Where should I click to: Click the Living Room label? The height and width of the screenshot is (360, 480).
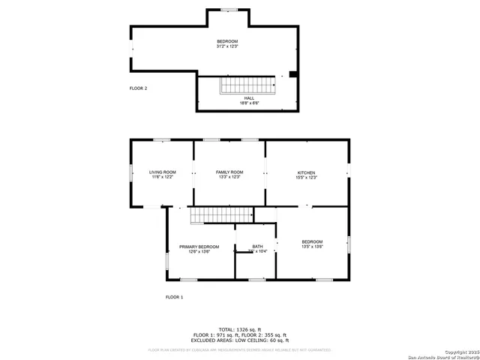click(162, 172)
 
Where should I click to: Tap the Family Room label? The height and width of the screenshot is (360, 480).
click(229, 172)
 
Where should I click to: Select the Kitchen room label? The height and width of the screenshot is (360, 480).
click(307, 172)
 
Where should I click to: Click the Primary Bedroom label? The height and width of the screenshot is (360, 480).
click(199, 246)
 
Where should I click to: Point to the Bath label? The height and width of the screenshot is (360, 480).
click(257, 246)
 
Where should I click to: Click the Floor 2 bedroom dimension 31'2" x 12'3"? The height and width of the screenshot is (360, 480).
click(227, 46)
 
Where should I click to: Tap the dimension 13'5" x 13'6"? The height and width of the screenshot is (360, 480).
click(312, 246)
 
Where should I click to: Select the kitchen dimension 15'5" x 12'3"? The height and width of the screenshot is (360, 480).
click(307, 178)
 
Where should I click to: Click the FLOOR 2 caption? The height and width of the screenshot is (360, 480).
click(138, 88)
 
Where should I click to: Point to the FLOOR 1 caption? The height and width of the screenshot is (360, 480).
click(174, 298)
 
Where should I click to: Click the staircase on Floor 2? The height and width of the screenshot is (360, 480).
click(247, 85)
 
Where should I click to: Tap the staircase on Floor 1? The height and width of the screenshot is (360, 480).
click(211, 215)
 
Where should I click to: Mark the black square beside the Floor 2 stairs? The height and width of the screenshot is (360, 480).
click(292, 74)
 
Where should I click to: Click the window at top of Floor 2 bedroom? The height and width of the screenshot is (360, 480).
click(228, 10)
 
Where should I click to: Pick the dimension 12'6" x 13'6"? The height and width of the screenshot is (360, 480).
click(199, 252)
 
